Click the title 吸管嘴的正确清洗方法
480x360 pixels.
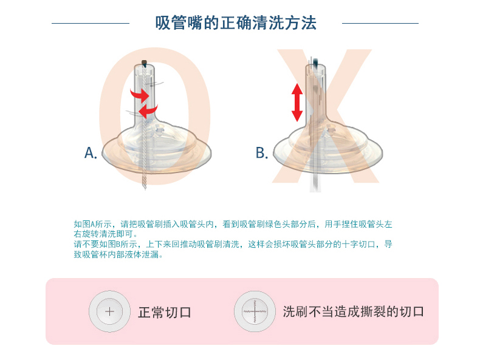pos(235,23)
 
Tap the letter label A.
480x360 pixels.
pos(91,152)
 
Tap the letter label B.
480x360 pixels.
pos(262,152)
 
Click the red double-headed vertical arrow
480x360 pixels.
pos(297,103)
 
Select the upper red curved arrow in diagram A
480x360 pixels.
pos(139,95)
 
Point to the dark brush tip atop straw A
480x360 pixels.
pos(144,64)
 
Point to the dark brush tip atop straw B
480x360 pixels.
pos(315,63)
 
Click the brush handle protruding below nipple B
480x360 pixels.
pos(315,183)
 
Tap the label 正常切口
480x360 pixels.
pos(165,312)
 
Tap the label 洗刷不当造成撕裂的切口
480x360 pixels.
pos(353,311)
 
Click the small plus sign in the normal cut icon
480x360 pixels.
pos(109,311)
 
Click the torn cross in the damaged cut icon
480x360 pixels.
pos(255,311)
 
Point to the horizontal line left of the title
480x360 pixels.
pos(91,23)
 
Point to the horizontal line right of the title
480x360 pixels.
pos(380,23)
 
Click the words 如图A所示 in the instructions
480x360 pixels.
pos(92,224)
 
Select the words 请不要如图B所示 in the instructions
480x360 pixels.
pos(105,244)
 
